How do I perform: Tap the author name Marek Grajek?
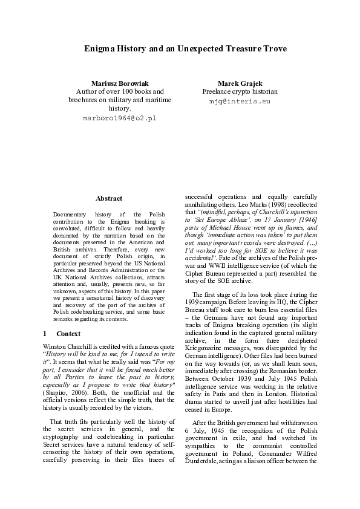pos(240,82)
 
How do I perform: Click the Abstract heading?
pos(109,198)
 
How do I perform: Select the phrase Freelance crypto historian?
pos(240,91)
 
